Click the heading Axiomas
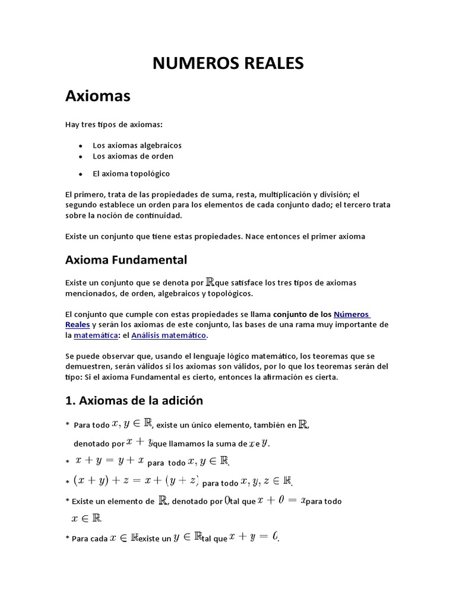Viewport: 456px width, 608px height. (x=97, y=96)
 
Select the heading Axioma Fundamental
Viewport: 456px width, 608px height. (x=126, y=259)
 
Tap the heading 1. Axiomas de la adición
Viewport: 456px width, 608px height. (x=134, y=400)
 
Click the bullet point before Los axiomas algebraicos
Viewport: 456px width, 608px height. (x=80, y=145)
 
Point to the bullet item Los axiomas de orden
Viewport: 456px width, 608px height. (x=132, y=156)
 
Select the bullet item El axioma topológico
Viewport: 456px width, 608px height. (x=131, y=173)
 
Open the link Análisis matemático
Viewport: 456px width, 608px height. (x=169, y=335)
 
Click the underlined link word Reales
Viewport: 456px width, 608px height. (x=77, y=325)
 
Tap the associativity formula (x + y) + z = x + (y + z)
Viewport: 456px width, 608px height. (x=135, y=480)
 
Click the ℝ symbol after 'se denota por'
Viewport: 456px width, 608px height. (x=210, y=282)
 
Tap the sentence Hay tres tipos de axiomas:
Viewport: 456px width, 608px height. (x=112, y=124)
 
